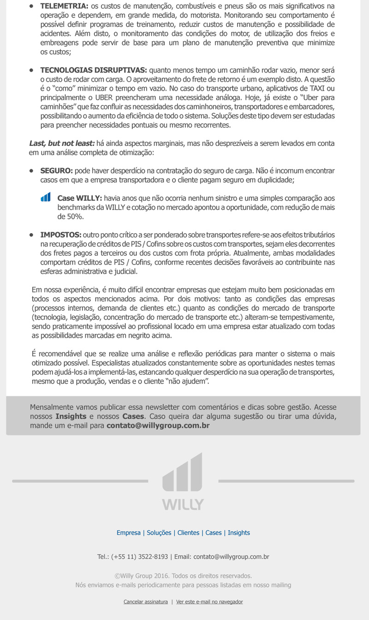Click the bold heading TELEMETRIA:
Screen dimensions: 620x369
(x=64, y=6)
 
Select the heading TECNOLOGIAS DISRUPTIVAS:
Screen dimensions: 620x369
(x=94, y=70)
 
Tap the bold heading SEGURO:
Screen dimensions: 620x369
(x=56, y=171)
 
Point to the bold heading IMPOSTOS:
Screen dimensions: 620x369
(x=61, y=235)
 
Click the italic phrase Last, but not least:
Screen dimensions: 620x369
(x=62, y=144)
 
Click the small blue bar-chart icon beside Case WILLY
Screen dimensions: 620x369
(x=46, y=198)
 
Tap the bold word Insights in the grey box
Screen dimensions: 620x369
(x=71, y=416)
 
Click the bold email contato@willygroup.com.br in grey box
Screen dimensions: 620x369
(x=158, y=426)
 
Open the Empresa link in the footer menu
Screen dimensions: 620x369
(x=129, y=533)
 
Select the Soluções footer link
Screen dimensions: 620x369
(x=159, y=533)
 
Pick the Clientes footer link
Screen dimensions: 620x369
(x=188, y=533)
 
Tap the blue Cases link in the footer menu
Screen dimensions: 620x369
(x=214, y=533)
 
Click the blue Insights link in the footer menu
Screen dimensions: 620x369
(x=239, y=533)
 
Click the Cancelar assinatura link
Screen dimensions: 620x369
(x=146, y=602)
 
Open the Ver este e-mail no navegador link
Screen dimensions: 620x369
(x=209, y=602)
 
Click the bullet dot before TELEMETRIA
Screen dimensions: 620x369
(x=31, y=6)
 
